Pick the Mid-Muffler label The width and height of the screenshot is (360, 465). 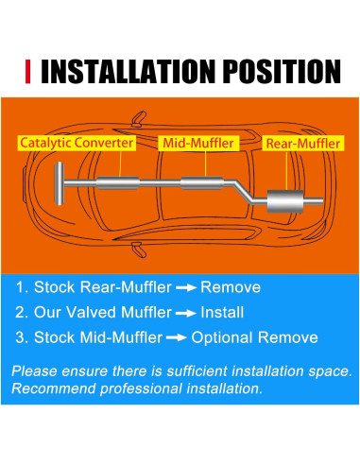[199, 144]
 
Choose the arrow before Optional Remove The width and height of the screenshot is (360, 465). [175, 337]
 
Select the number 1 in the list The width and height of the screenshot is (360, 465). [20, 286]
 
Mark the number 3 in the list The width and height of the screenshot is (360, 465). [20, 337]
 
